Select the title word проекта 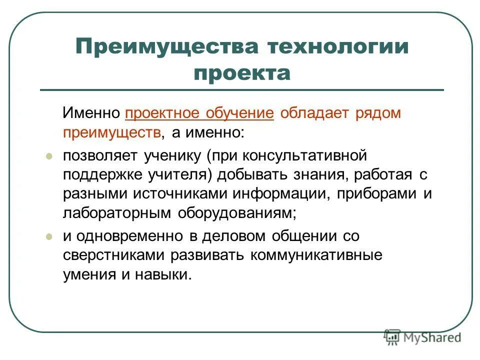(x=242, y=73)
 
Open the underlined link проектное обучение (x=199, y=113)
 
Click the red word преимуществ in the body (x=112, y=132)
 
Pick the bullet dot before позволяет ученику (x=49, y=156)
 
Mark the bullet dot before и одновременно (x=49, y=236)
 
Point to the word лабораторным (x=117, y=213)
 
